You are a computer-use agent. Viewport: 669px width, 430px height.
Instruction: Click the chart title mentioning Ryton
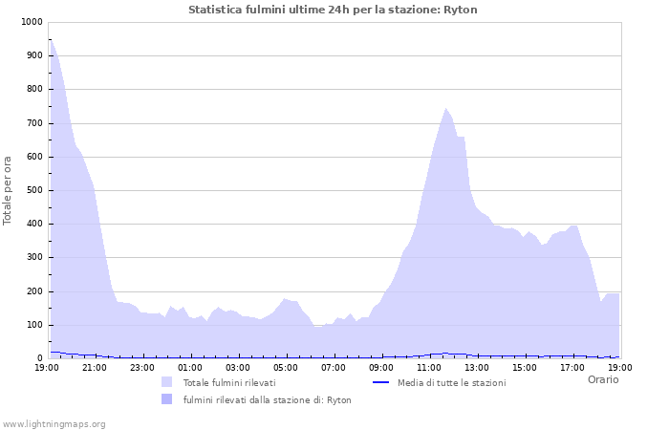tap(333, 10)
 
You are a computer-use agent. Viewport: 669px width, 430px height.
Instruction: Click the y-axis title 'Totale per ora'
tap(9, 190)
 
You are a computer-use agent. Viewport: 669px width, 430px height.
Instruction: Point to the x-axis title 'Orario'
tap(603, 379)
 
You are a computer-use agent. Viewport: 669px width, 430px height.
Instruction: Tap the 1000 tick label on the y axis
tap(31, 22)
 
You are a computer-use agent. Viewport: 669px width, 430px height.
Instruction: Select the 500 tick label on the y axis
tap(33, 190)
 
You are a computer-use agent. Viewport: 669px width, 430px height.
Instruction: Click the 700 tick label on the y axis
tap(33, 123)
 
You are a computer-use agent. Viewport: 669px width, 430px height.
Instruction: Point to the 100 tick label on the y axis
tap(33, 325)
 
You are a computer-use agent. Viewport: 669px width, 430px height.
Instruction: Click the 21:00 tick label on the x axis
tap(95, 367)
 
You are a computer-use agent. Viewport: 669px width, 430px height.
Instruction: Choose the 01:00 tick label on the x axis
tap(190, 367)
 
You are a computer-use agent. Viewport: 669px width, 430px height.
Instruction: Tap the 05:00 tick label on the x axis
tap(286, 367)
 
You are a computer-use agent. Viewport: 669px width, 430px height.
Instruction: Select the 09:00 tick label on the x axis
tap(381, 367)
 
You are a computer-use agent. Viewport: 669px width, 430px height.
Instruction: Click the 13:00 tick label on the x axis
tap(477, 367)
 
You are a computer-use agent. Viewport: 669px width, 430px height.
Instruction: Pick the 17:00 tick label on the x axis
tap(572, 367)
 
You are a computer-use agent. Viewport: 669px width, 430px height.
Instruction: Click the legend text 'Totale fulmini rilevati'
tap(229, 382)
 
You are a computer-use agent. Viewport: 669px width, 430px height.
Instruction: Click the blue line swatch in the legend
tap(380, 382)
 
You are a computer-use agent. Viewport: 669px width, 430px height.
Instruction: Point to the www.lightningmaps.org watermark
tap(54, 423)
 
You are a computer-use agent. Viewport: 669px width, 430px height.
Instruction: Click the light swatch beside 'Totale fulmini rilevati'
tap(167, 382)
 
